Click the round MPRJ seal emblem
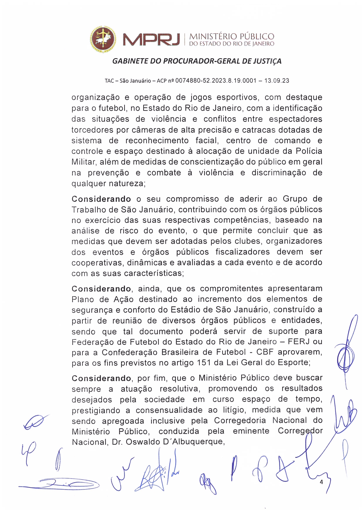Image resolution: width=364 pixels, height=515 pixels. coord(103,39)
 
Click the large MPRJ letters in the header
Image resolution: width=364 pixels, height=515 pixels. coord(151,40)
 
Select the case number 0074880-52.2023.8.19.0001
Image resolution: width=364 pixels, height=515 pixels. coord(216,80)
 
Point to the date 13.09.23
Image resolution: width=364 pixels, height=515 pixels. coord(277,80)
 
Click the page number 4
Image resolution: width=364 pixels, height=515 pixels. coord(321,482)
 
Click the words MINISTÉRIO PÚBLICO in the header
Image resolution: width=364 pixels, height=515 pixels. coord(232,36)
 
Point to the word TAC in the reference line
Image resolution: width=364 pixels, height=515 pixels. coord(109,81)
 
